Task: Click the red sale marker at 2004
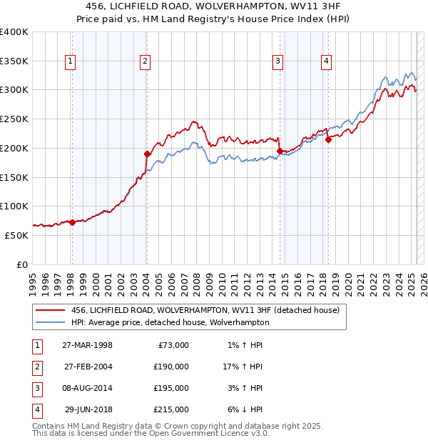[147, 154]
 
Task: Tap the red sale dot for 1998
[72, 222]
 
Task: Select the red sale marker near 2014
[280, 151]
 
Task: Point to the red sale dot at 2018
[328, 140]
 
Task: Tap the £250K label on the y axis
[14, 119]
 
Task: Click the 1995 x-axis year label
[33, 279]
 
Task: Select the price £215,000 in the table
[172, 409]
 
